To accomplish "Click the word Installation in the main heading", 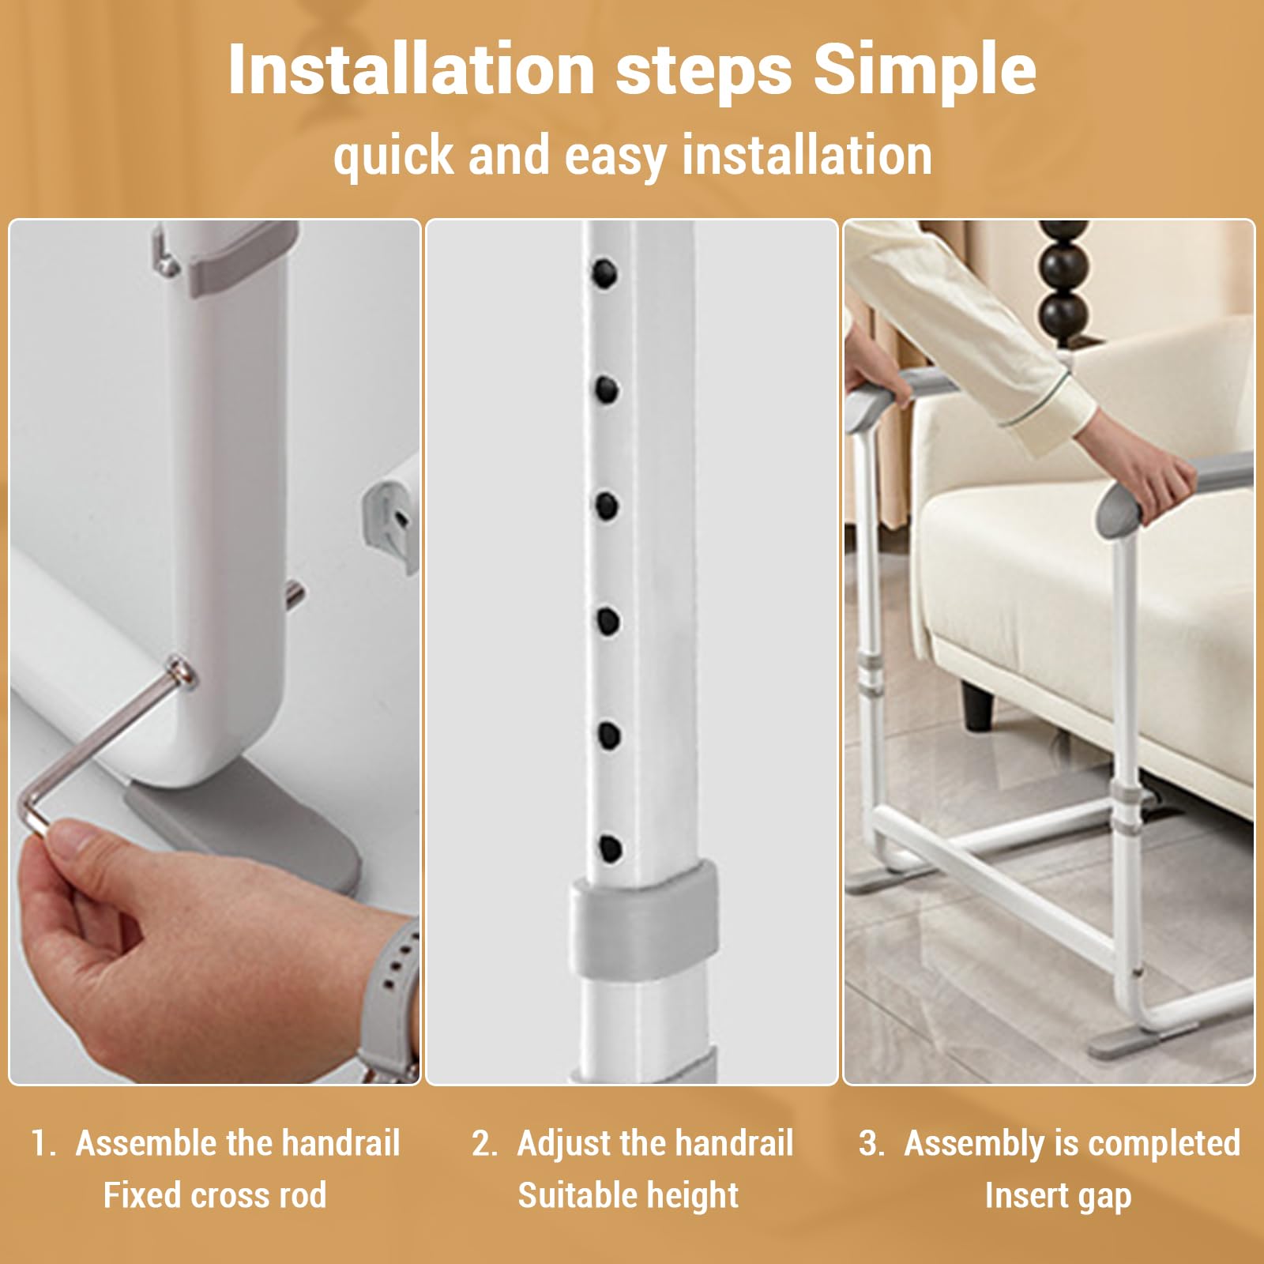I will click(411, 71).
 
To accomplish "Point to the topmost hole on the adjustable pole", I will click(605, 273).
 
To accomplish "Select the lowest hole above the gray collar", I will click(609, 849).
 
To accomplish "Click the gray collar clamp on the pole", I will click(644, 916).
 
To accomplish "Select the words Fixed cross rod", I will click(215, 1195).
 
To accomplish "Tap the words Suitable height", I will click(628, 1195).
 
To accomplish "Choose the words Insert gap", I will click(1058, 1195).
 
